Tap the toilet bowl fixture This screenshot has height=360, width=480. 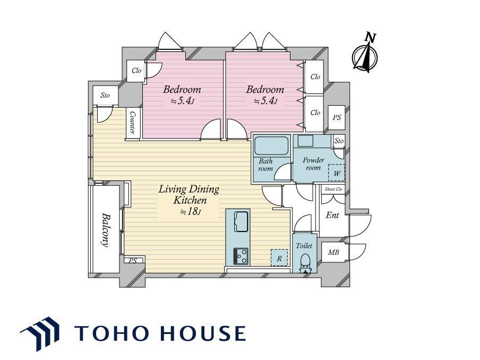(305, 263)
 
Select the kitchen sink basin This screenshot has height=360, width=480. (242, 221)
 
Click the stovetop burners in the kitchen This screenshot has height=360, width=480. (241, 256)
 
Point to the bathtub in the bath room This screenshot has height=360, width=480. (271, 146)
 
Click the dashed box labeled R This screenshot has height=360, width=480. (279, 258)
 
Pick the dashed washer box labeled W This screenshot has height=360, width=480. (337, 173)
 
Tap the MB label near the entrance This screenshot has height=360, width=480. (333, 252)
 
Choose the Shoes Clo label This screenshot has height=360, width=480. (333, 189)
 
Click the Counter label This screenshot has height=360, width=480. (133, 123)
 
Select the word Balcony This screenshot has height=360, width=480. (106, 230)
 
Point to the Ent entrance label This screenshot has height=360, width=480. (332, 215)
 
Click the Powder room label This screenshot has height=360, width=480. (313, 164)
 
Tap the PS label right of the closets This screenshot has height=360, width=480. (337, 117)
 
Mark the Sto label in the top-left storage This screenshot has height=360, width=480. (105, 95)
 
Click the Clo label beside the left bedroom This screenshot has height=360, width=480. (136, 71)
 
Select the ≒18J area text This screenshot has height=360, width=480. (191, 211)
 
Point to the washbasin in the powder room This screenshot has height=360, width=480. (305, 141)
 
